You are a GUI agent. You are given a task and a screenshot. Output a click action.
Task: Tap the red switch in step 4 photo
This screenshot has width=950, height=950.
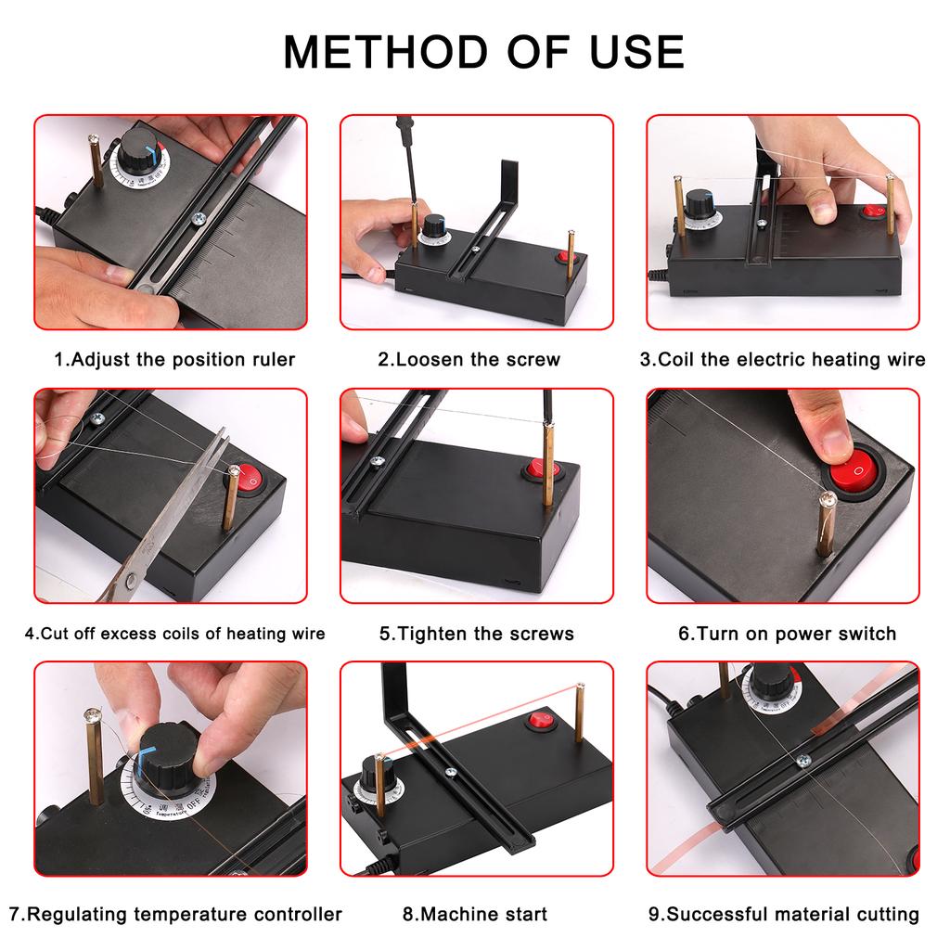250,479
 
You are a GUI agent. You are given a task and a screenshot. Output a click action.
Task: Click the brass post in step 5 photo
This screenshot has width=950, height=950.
549,464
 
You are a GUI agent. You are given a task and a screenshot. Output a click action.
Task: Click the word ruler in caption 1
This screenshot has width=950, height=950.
271,359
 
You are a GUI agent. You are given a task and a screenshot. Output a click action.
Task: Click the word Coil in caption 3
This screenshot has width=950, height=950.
676,359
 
